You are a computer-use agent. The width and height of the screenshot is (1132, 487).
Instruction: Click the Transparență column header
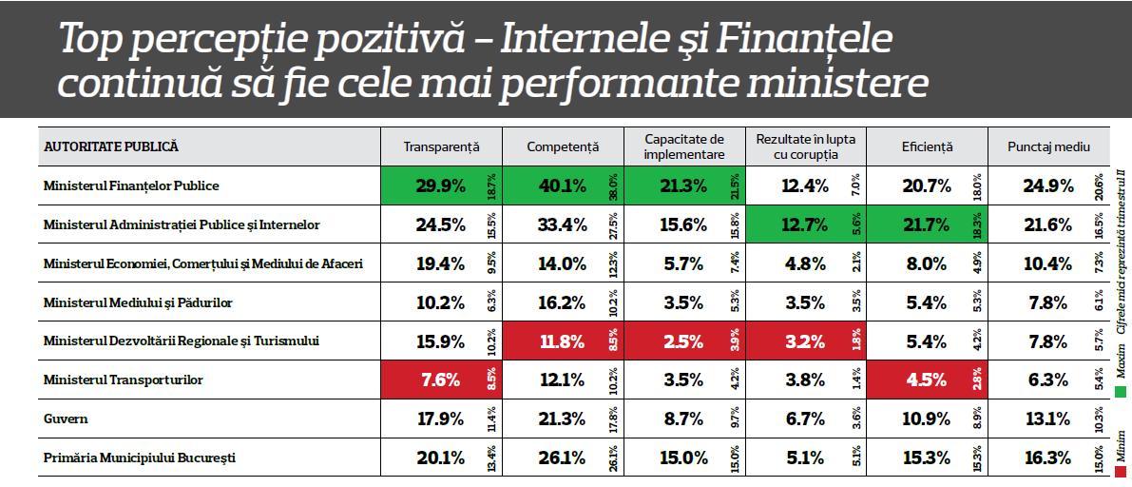tap(441, 147)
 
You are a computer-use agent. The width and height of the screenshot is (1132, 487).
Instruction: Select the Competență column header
tap(563, 147)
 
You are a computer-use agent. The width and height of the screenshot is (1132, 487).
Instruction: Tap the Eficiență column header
tap(927, 147)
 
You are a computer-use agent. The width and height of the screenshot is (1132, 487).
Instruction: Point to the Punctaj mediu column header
tap(1048, 147)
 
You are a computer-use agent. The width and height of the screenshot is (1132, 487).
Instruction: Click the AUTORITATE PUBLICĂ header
tap(111, 147)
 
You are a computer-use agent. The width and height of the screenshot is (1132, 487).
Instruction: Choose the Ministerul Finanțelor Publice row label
tap(131, 186)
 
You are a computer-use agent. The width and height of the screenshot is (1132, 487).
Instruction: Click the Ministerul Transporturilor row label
tap(123, 380)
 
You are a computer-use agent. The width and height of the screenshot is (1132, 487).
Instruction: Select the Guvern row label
tap(66, 419)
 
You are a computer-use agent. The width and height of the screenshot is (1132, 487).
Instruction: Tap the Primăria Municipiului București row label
tap(140, 458)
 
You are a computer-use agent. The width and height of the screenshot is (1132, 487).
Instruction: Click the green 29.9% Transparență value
tap(441, 186)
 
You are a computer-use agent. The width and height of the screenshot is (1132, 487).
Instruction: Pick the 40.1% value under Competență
tap(562, 186)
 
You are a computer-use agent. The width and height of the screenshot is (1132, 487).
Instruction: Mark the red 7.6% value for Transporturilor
tap(441, 380)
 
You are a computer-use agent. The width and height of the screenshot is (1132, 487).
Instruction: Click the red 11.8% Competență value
tap(562, 341)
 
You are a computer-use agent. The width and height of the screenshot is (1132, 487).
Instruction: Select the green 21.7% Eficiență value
tap(926, 225)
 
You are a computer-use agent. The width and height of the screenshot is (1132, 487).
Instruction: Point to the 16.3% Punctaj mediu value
tap(1047, 458)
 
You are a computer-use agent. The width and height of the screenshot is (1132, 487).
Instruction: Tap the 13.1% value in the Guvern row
tap(1047, 419)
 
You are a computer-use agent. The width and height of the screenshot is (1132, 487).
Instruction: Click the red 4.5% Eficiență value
tap(926, 380)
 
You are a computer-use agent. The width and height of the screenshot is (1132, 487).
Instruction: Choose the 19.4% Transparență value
tap(441, 263)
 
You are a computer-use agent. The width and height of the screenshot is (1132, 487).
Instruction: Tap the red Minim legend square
tap(1122, 472)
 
